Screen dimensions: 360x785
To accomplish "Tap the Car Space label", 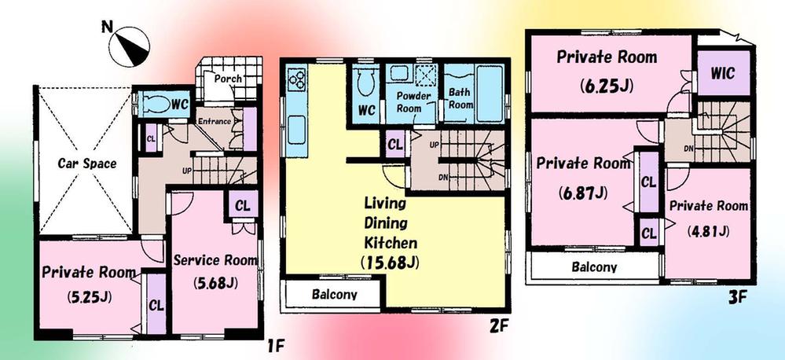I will (87, 164).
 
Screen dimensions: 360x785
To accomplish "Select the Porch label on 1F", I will (227, 79).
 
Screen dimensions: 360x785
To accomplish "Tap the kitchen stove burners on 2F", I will (298, 78).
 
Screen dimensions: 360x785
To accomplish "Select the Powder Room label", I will (410, 101).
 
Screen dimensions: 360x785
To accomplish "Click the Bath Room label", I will (460, 98).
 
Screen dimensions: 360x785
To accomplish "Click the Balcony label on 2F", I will (335, 296).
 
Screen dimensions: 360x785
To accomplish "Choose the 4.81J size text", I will (710, 230).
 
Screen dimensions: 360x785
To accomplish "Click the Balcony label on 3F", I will (593, 266).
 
